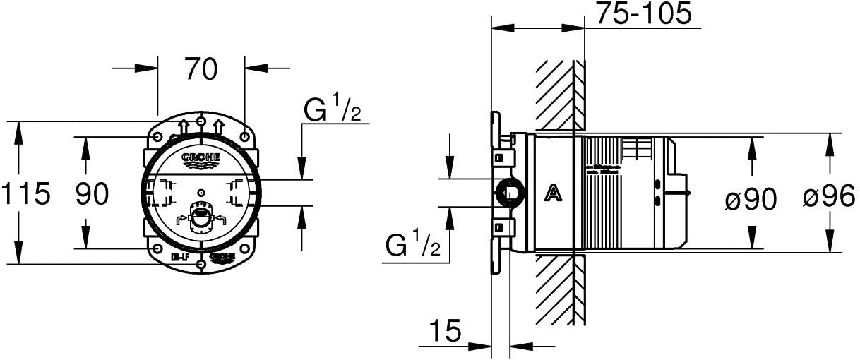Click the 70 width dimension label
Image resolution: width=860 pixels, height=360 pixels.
point(201,68)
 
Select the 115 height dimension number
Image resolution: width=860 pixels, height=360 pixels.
point(26,193)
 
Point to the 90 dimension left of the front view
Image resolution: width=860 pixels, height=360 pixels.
point(92,193)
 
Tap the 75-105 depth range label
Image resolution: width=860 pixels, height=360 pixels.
point(643,13)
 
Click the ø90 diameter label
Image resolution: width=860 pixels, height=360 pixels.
point(751,200)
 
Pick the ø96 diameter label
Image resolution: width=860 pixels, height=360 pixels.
point(828,200)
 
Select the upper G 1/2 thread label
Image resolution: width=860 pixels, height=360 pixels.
point(332,110)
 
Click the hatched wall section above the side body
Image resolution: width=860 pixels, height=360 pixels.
point(559,95)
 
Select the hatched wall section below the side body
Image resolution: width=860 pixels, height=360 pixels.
point(559,286)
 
